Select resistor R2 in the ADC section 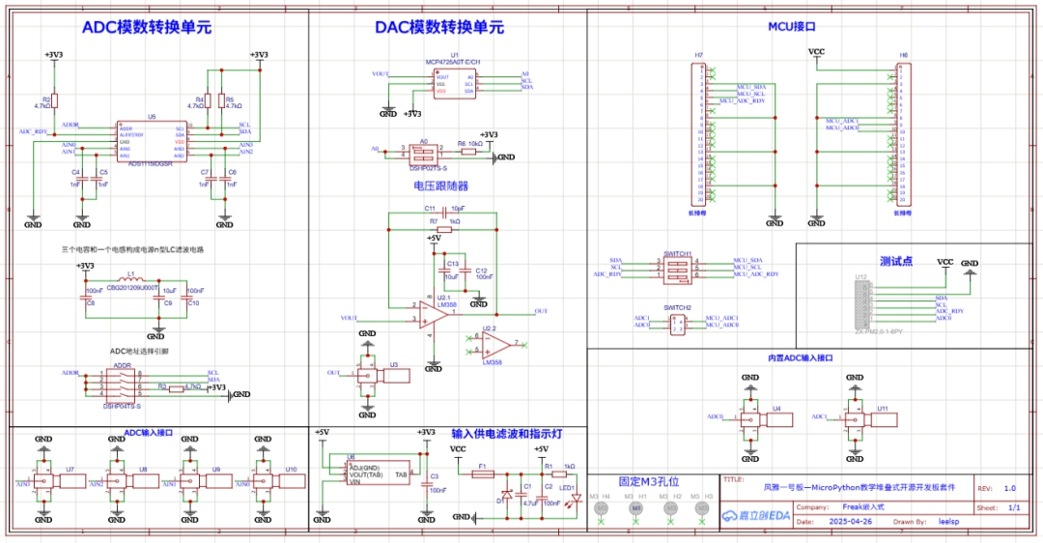pos(54,100)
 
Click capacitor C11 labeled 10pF pos(443,209)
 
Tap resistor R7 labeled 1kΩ pos(443,229)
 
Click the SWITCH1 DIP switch pos(677,268)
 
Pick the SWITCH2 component pos(677,322)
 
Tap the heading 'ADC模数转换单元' pos(146,28)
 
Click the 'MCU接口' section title pos(792,28)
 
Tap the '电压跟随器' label pos(440,185)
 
